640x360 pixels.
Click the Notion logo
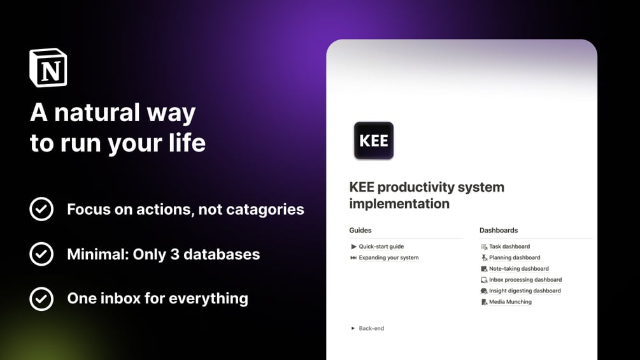[x=48, y=68]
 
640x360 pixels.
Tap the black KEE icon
[x=374, y=140]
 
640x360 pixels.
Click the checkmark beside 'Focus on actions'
[x=41, y=209]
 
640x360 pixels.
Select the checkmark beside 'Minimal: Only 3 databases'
[x=41, y=254]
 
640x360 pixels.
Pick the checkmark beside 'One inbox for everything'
[x=41, y=298]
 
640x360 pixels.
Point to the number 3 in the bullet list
[x=174, y=254]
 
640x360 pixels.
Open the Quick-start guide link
[x=381, y=247]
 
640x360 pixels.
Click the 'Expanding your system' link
[x=388, y=258]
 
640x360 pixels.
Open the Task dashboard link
[x=509, y=247]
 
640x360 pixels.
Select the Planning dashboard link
[x=514, y=258]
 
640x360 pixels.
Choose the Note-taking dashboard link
[x=518, y=269]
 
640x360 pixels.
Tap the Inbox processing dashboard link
[x=525, y=280]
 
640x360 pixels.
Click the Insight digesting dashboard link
[x=524, y=291]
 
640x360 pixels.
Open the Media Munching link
[x=510, y=302]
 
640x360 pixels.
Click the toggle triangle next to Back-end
[x=353, y=329]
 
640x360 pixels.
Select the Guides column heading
[x=360, y=231]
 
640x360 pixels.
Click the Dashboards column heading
[x=499, y=231]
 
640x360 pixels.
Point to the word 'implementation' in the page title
[x=399, y=204]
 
